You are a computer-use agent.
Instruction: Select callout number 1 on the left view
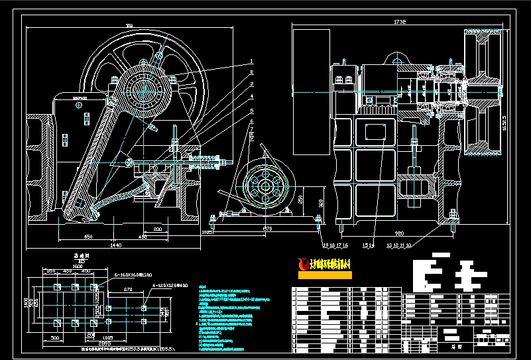pos(252,61)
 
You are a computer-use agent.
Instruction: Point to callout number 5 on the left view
pos(252,121)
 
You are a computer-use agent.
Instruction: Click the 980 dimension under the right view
pos(400,233)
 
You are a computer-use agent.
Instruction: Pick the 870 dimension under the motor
pos(268,229)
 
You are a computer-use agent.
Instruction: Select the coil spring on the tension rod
pos(209,160)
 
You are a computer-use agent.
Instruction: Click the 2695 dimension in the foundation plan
pos(104,342)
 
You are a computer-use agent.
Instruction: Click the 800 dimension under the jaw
pos(157,229)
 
